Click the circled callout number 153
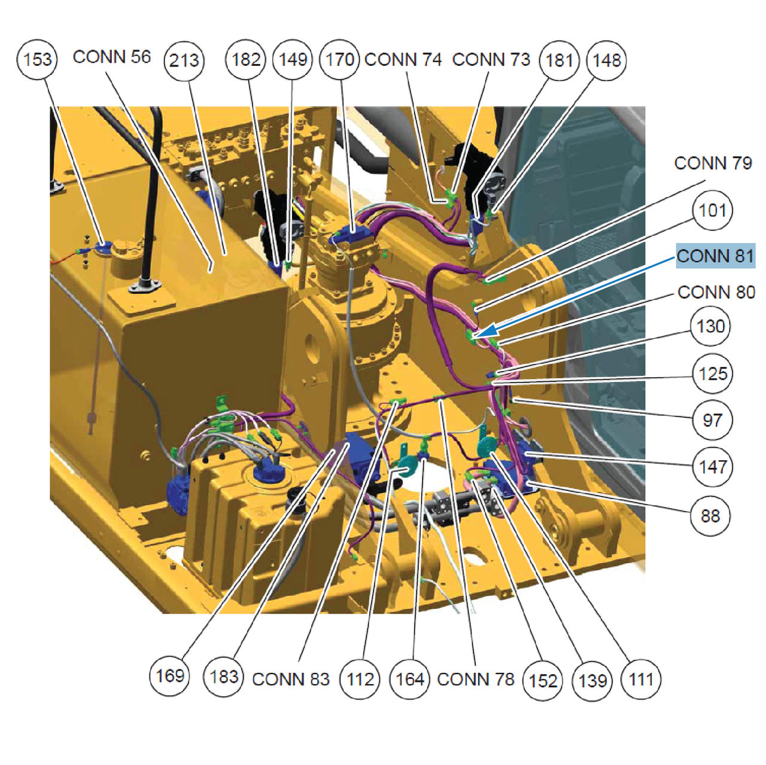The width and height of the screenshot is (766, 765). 37,60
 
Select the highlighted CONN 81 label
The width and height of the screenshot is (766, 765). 715,256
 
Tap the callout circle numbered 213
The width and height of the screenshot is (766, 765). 184,60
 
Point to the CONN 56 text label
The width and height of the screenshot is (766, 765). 112,57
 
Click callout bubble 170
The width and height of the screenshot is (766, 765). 339,60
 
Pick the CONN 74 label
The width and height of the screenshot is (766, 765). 403,60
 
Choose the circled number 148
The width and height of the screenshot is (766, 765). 606,60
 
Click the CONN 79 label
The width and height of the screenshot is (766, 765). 713,163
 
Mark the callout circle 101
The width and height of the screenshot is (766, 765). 712,210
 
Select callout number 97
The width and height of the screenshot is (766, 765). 712,420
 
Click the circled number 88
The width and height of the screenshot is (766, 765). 710,516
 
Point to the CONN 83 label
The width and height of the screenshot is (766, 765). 291,679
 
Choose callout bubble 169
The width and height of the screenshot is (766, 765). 170,676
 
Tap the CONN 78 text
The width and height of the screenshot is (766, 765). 475,679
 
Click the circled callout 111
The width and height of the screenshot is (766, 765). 641,679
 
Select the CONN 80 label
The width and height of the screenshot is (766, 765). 716,292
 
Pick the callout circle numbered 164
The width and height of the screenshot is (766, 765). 409,679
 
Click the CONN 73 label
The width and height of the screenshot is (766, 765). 491,60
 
